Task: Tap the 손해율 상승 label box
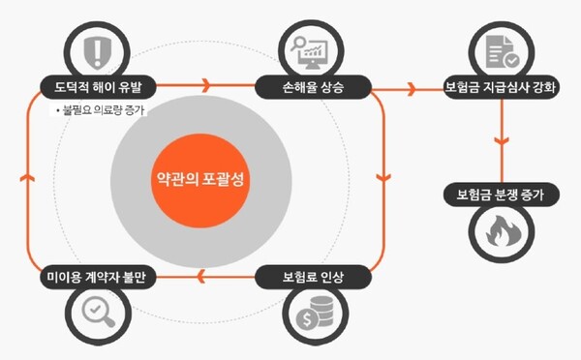312,86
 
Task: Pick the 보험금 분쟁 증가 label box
501,195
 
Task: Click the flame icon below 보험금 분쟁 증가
501,232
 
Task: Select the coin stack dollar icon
313,315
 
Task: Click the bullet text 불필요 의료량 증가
103,110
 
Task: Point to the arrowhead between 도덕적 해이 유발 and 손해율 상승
204,86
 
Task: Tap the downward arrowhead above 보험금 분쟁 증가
501,141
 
